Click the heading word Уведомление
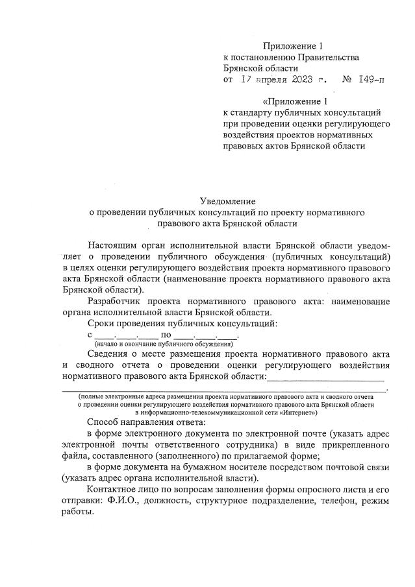[229, 201]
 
